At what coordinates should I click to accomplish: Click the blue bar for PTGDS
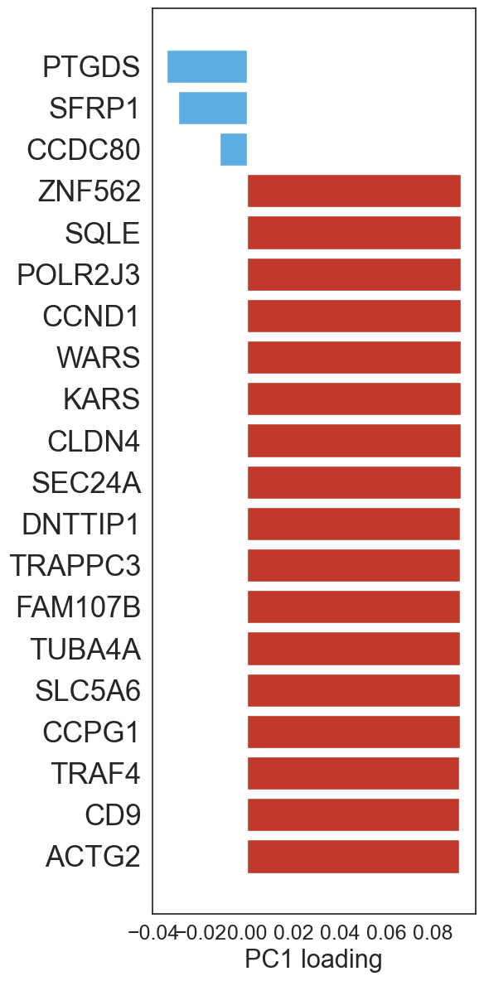[x=207, y=66]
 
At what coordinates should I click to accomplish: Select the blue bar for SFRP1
[x=213, y=109]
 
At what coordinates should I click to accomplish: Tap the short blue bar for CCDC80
[x=234, y=149]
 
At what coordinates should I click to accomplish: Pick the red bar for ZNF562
[x=355, y=191]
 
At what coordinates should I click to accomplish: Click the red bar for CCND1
[x=355, y=316]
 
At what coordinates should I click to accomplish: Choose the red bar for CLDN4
[x=355, y=441]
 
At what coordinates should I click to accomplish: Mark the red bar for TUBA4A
[x=354, y=649]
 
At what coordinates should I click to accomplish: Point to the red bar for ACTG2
[x=354, y=857]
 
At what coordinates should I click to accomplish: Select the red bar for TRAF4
[x=354, y=773]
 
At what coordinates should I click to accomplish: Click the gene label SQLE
[x=102, y=234]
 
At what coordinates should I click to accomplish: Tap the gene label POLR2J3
[x=78, y=275]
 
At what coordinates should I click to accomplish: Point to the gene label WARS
[x=98, y=359]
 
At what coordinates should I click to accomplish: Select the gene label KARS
[x=101, y=400]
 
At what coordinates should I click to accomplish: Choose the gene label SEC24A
[x=86, y=483]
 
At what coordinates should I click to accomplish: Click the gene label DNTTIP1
[x=80, y=524]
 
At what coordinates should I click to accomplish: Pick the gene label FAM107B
[x=78, y=607]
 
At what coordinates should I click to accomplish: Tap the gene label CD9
[x=112, y=815]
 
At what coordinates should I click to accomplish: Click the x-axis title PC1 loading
[x=313, y=959]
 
